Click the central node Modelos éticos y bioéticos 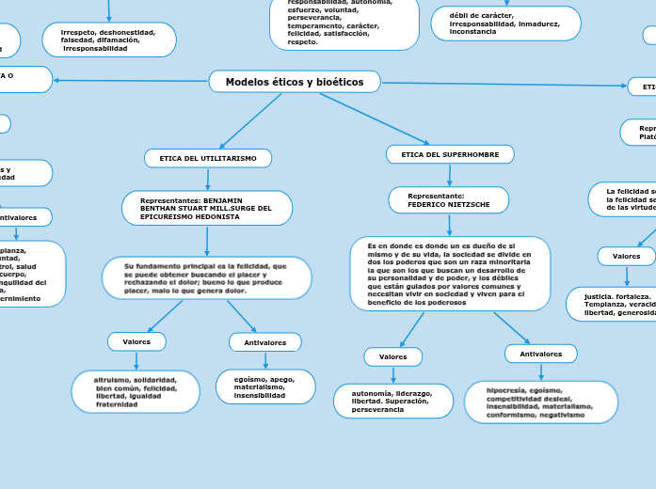tap(294, 82)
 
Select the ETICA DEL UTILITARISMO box tap(208, 158)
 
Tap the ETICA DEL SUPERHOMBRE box tap(450, 153)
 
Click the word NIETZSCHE tap(467, 204)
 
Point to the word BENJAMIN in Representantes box tap(222, 200)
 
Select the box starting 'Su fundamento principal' tap(206, 278)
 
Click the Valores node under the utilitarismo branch tap(136, 341)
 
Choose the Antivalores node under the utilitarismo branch tap(264, 342)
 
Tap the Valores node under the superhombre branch tap(392, 356)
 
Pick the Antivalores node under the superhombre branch tap(540, 354)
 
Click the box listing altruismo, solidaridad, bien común tap(136, 391)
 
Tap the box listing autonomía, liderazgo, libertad tap(392, 401)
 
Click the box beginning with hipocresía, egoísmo tap(541, 402)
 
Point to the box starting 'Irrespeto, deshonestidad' tap(110, 39)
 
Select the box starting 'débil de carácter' tap(505, 24)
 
